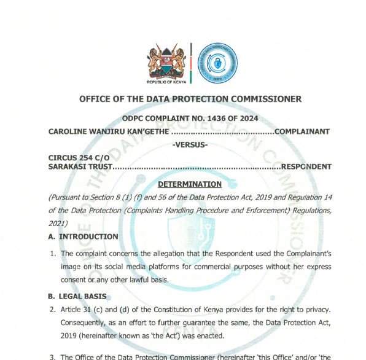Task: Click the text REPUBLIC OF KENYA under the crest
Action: pyautogui.click(x=167, y=82)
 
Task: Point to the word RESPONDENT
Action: pyautogui.click(x=306, y=166)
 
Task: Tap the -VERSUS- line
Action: pyautogui.click(x=190, y=144)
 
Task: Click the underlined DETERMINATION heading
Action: pyautogui.click(x=190, y=184)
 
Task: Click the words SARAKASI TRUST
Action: pyautogui.click(x=80, y=166)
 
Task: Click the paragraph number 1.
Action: pyautogui.click(x=53, y=253)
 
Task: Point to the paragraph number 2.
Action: pyautogui.click(x=53, y=309)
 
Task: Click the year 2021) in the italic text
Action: pyautogui.click(x=60, y=222)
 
